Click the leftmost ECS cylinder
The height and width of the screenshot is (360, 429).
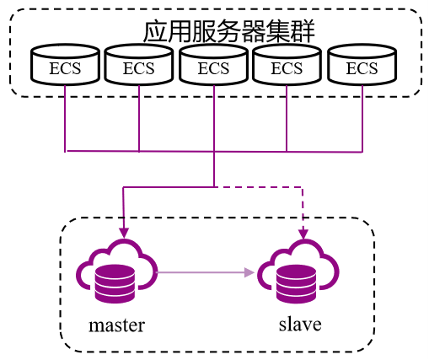(x=65, y=64)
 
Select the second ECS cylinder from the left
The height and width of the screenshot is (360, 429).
(x=139, y=64)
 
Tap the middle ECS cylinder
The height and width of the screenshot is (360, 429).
(x=214, y=64)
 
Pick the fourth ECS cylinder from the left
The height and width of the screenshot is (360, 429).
(x=287, y=64)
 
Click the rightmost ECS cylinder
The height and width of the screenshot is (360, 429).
(x=362, y=64)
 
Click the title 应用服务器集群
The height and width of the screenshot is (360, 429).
(x=229, y=31)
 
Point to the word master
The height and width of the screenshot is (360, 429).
(x=116, y=325)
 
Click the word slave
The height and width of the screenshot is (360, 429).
(x=300, y=324)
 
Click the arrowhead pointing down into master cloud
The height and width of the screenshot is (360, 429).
(x=124, y=233)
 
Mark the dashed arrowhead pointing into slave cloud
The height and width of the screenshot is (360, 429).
(x=303, y=234)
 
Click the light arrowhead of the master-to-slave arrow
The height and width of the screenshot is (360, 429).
(x=249, y=272)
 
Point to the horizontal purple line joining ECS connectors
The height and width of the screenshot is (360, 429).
(x=214, y=152)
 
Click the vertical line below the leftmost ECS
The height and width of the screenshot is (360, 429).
(x=65, y=118)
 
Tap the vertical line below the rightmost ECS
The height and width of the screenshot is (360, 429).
(x=362, y=118)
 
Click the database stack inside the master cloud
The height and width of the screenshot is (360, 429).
(x=115, y=284)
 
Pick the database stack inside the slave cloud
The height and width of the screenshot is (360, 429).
(x=296, y=284)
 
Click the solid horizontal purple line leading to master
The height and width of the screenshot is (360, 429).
(x=169, y=187)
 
